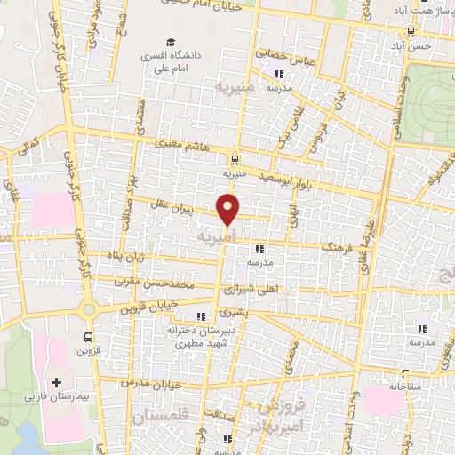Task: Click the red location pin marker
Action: [x=229, y=210]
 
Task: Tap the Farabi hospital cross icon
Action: [x=58, y=380]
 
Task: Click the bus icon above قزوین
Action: [x=88, y=337]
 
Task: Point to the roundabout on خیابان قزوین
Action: [x=89, y=310]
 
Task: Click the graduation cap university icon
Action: [x=170, y=42]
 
